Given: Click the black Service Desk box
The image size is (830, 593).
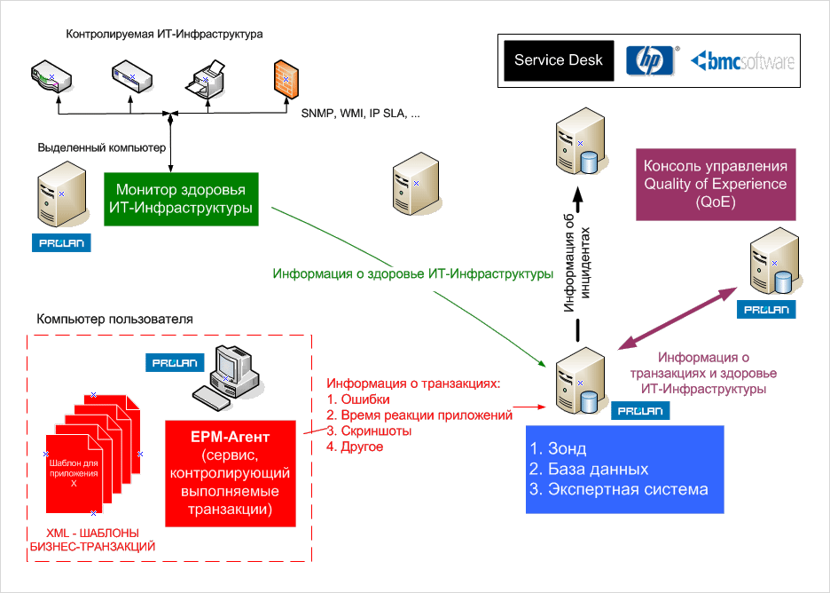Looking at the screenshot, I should point(559,60).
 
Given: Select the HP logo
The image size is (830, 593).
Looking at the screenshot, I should point(651,60).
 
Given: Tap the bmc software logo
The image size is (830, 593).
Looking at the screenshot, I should point(742,61).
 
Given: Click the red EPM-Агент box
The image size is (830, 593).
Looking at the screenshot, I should point(230,474).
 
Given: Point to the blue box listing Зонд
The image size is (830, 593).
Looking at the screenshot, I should point(625,469).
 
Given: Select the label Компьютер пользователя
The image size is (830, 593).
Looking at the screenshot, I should point(114,319).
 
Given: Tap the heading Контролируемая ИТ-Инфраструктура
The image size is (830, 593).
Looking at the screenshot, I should point(165,34).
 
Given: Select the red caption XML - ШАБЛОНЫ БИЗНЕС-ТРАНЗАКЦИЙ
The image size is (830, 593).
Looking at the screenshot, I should point(92,540).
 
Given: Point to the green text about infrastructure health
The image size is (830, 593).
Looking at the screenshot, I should point(413,273).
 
